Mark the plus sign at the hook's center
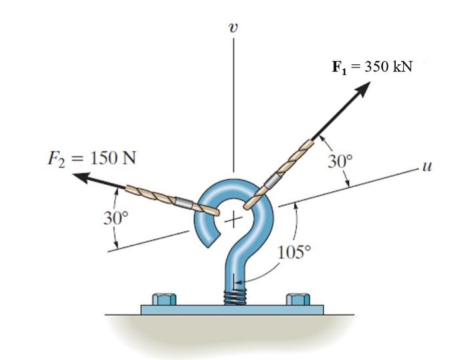(x=232, y=219)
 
